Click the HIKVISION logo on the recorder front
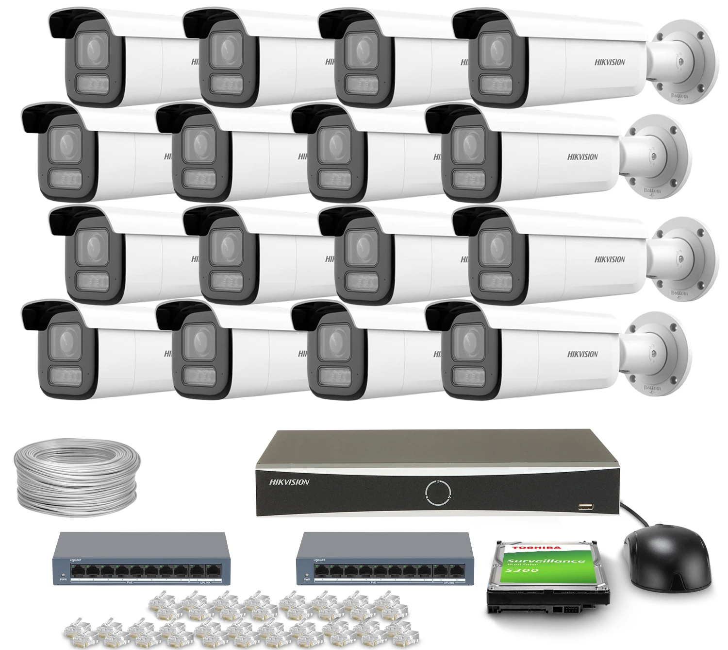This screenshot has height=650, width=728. point(289,482)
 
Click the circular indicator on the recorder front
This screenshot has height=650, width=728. point(438,492)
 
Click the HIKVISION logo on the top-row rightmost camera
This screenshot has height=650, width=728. point(610,62)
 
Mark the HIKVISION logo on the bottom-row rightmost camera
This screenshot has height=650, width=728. point(582,354)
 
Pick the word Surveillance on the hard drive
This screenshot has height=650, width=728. point(546,562)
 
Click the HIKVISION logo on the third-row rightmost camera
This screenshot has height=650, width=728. point(610,259)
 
